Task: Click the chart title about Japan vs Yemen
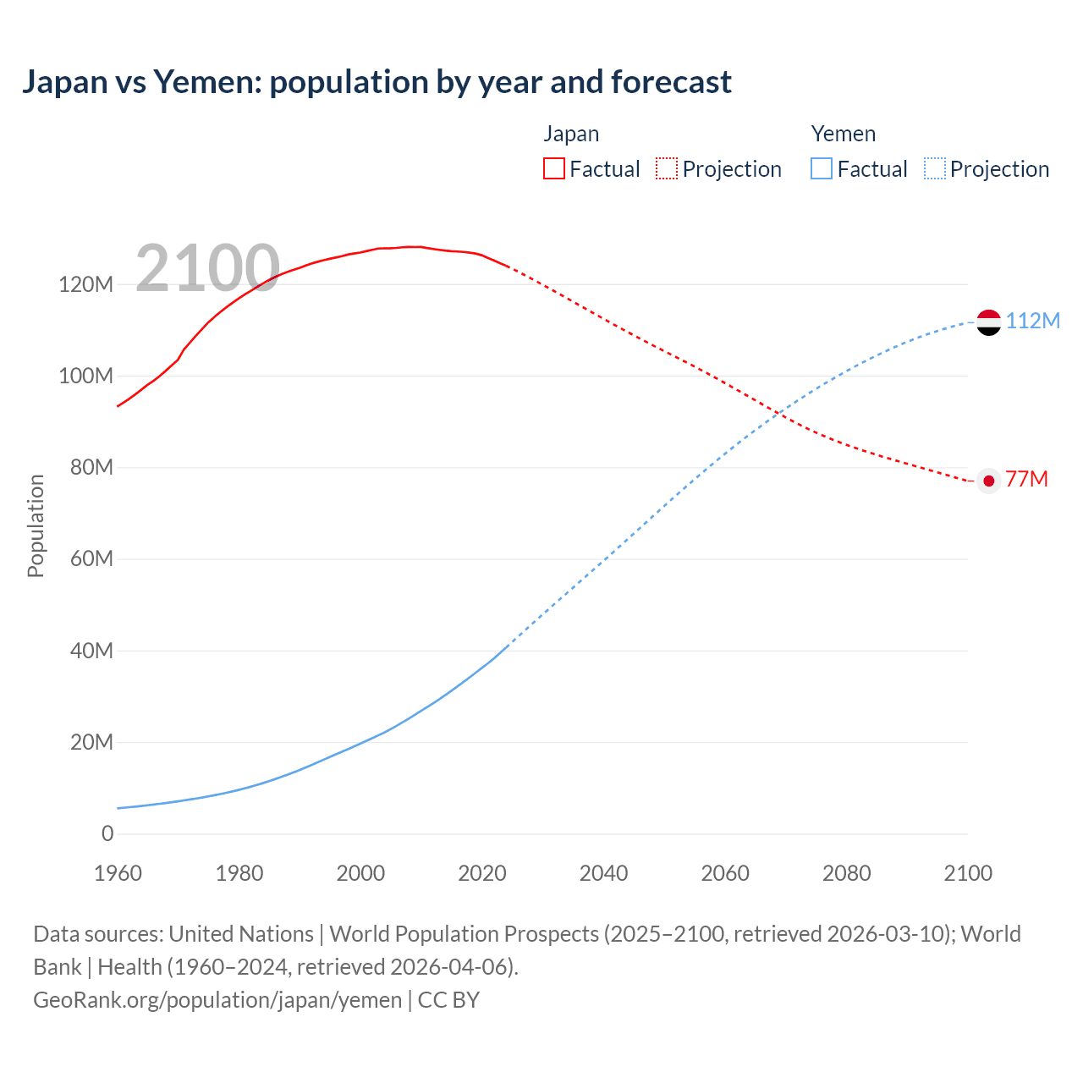tap(377, 82)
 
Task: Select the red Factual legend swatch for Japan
tap(554, 168)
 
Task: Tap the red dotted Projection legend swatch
tap(667, 168)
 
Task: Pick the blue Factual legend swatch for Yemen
tap(822, 168)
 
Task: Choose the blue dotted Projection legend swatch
tap(935, 168)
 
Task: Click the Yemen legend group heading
tap(843, 134)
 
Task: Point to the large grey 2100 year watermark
tap(207, 268)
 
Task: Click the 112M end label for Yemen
tap(1032, 321)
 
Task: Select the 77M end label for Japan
tap(1026, 479)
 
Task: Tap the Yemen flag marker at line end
tap(988, 322)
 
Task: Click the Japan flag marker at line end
tap(988, 481)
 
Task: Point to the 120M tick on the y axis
tap(85, 284)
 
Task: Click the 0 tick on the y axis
tap(107, 833)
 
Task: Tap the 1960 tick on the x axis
tap(118, 873)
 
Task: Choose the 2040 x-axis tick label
tap(603, 873)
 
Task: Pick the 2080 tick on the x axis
tap(846, 873)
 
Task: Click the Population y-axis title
tap(36, 525)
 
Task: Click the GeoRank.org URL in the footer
tap(217, 999)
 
